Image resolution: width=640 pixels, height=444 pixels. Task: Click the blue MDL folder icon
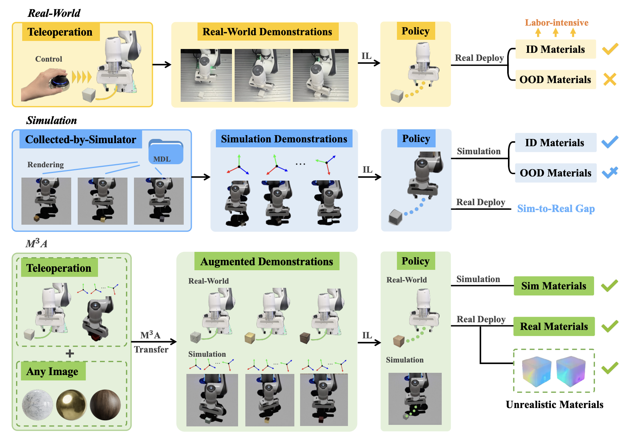[166, 152]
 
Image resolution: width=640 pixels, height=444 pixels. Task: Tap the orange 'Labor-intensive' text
[556, 23]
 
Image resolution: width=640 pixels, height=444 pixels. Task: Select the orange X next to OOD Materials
[609, 79]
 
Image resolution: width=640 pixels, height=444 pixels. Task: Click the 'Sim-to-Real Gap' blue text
[556, 209]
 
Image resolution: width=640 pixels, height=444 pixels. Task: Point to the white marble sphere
[38, 405]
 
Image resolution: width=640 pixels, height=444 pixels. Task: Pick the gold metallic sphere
[71, 405]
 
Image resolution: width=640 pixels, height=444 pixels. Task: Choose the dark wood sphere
[105, 405]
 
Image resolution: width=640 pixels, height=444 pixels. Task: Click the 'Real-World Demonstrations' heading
[267, 32]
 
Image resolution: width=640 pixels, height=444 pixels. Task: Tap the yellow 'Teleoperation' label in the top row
[60, 32]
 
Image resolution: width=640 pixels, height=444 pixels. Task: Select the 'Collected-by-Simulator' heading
[81, 140]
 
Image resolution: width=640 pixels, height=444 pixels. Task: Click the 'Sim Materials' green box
[553, 286]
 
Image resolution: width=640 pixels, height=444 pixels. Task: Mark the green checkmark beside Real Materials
[609, 326]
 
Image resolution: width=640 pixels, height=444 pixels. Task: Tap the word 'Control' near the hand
[49, 59]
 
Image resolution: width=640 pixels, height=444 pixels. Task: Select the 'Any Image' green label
[52, 371]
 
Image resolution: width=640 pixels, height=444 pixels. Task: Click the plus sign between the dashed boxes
[70, 353]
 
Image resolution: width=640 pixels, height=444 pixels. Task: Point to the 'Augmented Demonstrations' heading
[267, 261]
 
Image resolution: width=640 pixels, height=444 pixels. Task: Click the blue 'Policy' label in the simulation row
[416, 139]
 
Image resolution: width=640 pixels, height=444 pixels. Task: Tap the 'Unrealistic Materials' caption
[554, 405]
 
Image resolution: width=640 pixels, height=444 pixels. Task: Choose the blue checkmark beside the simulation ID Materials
[609, 142]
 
